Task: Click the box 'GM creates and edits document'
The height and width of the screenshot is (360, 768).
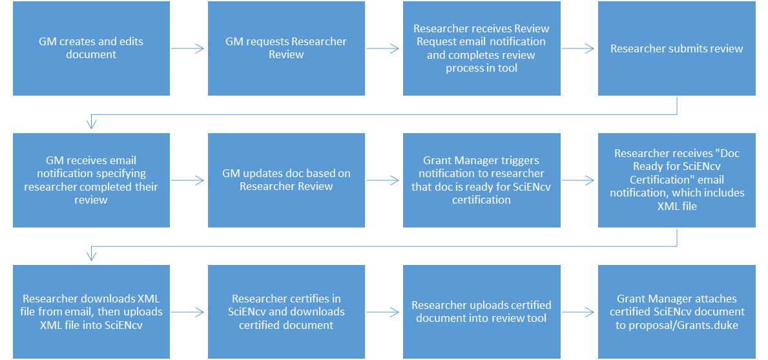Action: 91,48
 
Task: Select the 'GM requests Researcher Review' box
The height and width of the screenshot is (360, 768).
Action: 286,48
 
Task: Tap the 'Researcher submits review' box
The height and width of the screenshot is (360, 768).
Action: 676,48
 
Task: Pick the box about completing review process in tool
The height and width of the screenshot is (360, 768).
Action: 481,48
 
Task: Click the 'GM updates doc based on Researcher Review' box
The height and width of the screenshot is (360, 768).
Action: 286,180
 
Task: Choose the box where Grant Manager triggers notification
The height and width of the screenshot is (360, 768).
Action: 481,180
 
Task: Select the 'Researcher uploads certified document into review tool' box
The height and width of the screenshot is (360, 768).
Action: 481,312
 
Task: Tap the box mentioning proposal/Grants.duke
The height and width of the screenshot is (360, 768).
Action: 676,312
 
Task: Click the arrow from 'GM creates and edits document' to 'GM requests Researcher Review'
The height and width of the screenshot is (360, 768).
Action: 189,48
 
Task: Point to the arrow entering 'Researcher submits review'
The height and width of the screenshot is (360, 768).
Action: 579,48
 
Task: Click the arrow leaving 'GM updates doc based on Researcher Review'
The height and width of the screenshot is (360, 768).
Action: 384,180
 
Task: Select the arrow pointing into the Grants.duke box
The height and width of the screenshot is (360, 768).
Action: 579,312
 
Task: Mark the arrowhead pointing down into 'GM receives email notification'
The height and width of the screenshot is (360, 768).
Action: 92,123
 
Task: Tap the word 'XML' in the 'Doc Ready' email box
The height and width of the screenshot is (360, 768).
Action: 669,207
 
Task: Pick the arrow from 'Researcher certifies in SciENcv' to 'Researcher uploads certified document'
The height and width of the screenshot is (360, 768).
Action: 384,312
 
